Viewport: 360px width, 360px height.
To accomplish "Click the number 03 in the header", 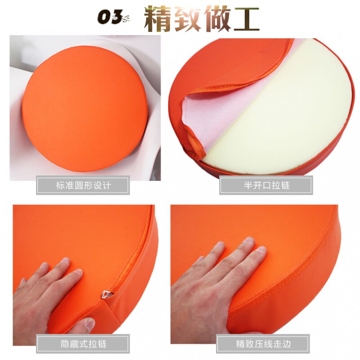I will tap(110, 18).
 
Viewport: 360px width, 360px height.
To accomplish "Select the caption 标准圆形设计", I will tap(83, 185).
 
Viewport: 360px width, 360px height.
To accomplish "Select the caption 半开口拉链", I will tap(266, 185).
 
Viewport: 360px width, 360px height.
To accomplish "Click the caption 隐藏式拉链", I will tap(83, 344).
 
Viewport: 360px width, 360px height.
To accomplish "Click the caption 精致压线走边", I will tap(264, 344).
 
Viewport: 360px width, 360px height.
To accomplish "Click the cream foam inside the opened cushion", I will tap(288, 112).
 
